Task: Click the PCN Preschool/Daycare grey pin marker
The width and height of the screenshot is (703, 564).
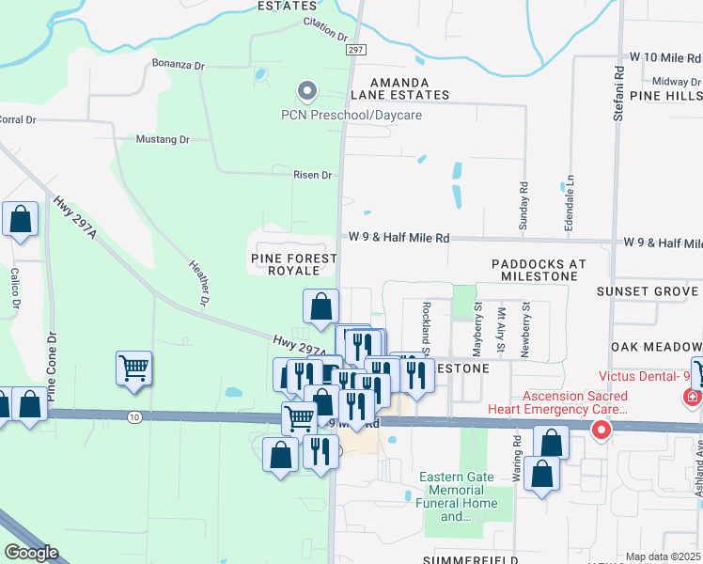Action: (x=305, y=91)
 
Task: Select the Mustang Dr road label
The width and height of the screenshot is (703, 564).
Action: (x=164, y=139)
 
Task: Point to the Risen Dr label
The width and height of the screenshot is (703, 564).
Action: (x=313, y=175)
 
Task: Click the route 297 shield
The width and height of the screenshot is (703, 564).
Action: (x=354, y=50)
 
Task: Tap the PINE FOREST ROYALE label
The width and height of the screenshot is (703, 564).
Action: (x=293, y=263)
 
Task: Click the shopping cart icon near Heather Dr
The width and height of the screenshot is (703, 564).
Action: (x=134, y=368)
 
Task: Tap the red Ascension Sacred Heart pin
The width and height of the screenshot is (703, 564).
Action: (x=601, y=431)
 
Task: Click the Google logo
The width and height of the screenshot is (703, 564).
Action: (x=31, y=553)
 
